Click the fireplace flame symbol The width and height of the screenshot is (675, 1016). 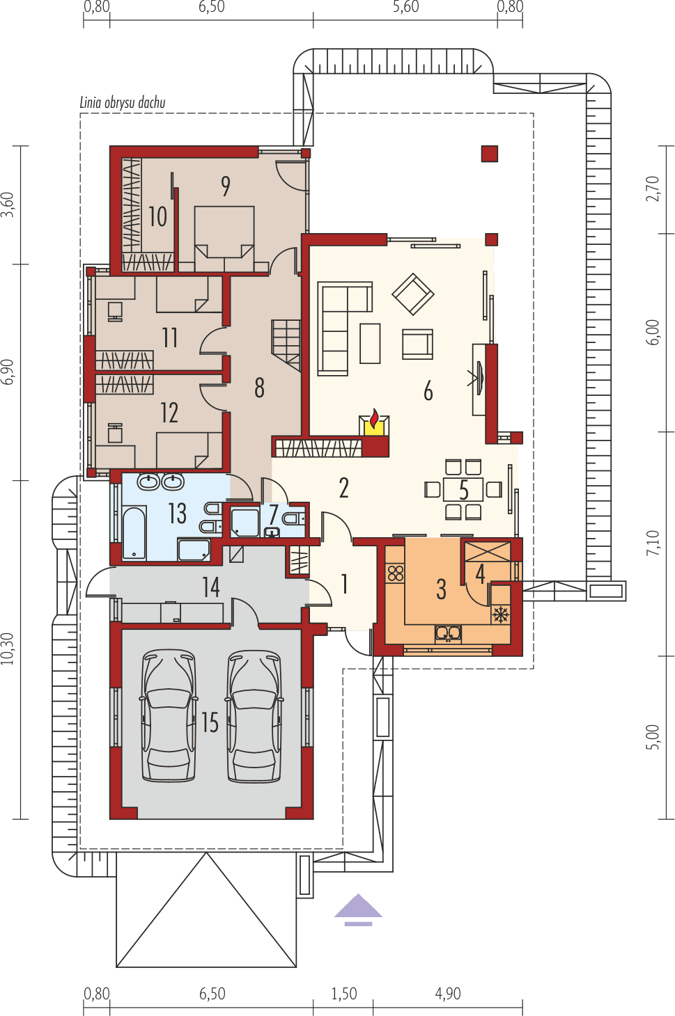[x=374, y=420]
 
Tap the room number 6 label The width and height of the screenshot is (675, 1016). [x=428, y=392]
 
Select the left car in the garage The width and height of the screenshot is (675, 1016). [x=168, y=717]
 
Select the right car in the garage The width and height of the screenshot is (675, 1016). [x=255, y=717]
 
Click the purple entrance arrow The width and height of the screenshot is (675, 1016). [x=358, y=909]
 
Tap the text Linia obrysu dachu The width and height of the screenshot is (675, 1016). [x=123, y=103]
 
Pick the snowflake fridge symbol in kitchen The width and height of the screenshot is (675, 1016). [x=500, y=614]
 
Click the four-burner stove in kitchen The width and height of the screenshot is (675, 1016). [x=396, y=574]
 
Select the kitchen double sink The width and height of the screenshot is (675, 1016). [x=448, y=633]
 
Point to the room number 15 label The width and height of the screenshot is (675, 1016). [x=210, y=723]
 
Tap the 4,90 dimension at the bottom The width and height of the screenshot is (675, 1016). [x=448, y=994]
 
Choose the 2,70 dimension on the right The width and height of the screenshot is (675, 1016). [x=652, y=189]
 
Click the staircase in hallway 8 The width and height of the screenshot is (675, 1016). [x=286, y=344]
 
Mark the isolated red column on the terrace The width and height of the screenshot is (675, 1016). [x=490, y=154]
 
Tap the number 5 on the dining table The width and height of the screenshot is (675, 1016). [x=463, y=491]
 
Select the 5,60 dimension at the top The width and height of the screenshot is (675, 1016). [x=405, y=8]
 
